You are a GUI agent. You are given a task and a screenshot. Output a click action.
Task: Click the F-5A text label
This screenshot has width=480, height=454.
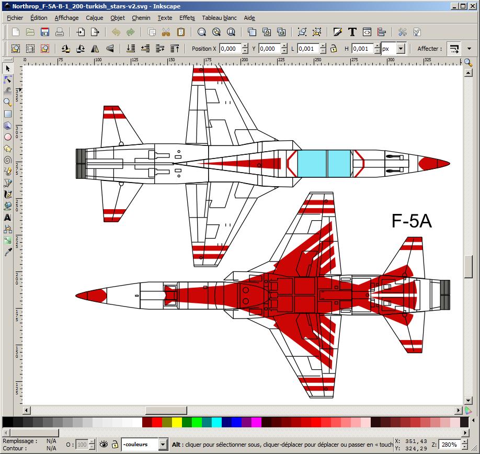(x=412, y=221)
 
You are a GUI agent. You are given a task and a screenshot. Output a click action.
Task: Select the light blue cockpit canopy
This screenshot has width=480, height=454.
(x=324, y=163)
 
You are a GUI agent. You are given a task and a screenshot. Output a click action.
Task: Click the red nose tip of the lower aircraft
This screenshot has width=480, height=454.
(x=92, y=296)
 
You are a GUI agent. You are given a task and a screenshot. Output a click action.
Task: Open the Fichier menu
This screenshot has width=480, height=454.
(x=15, y=18)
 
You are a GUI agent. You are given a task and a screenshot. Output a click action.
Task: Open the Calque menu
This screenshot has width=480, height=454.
(x=95, y=18)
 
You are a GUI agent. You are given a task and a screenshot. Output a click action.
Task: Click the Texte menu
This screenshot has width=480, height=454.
(x=165, y=18)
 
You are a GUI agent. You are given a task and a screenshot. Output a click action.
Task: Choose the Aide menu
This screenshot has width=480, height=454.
(x=249, y=18)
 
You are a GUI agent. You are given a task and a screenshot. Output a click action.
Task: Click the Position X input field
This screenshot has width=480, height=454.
(x=230, y=49)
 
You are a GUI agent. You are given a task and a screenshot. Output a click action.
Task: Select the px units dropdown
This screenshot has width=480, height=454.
(x=393, y=49)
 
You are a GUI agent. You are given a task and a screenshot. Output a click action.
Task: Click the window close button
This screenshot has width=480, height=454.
(x=473, y=6)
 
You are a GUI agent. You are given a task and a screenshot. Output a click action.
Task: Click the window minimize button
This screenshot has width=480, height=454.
(x=454, y=6)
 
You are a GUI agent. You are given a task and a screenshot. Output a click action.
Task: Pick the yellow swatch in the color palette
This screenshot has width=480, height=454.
(x=177, y=422)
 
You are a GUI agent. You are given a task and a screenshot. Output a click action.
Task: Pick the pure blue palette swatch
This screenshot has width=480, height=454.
(x=237, y=422)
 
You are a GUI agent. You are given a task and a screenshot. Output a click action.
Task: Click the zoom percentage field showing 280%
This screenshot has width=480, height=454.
(x=449, y=445)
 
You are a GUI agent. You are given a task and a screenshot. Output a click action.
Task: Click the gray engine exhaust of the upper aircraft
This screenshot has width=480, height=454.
(x=81, y=163)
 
